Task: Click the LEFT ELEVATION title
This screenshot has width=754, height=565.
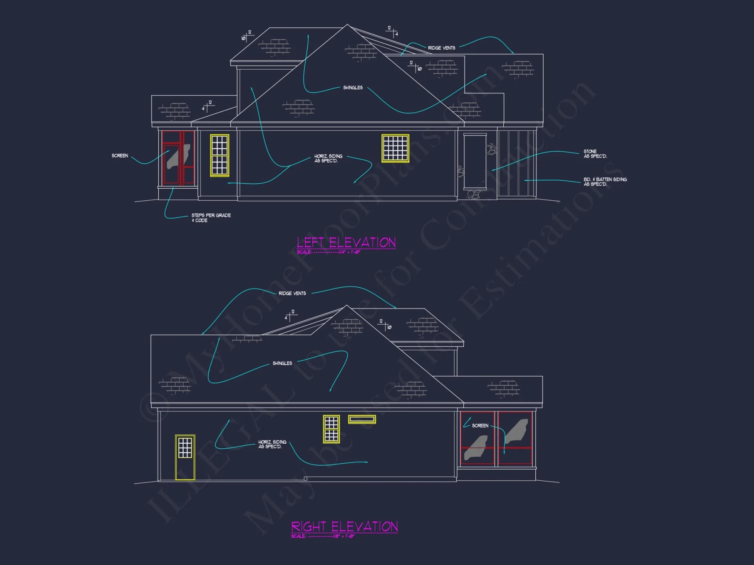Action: pyautogui.click(x=346, y=242)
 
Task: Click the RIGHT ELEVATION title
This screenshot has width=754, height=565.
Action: pyautogui.click(x=344, y=526)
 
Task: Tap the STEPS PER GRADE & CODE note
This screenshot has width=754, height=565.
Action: pyautogui.click(x=211, y=218)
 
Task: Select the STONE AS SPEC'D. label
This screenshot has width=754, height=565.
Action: pyautogui.click(x=595, y=154)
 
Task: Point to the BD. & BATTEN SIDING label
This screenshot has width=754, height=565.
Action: pyautogui.click(x=605, y=182)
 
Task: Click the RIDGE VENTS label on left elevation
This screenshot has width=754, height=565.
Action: pyautogui.click(x=441, y=48)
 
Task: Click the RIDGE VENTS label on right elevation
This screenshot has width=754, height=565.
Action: pyautogui.click(x=292, y=293)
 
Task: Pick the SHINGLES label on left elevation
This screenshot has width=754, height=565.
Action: pyautogui.click(x=353, y=87)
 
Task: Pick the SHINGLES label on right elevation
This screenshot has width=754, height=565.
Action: pyautogui.click(x=282, y=363)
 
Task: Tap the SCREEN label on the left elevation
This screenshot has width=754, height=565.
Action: pyautogui.click(x=120, y=156)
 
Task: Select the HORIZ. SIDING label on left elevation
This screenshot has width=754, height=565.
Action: pyautogui.click(x=328, y=158)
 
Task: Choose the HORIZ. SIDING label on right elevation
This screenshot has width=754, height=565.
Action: pyautogui.click(x=272, y=444)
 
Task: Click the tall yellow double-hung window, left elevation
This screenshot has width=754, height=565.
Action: pyautogui.click(x=219, y=155)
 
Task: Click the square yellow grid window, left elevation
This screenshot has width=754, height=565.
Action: pyautogui.click(x=395, y=148)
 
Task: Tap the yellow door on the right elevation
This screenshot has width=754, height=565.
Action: pyautogui.click(x=185, y=457)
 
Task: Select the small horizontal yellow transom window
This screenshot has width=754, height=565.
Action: pyautogui.click(x=362, y=419)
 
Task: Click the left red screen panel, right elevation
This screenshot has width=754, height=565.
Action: pyautogui.click(x=477, y=438)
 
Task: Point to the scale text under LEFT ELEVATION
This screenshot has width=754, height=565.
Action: pyautogui.click(x=328, y=252)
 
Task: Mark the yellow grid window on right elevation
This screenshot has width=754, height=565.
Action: pyautogui.click(x=331, y=429)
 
